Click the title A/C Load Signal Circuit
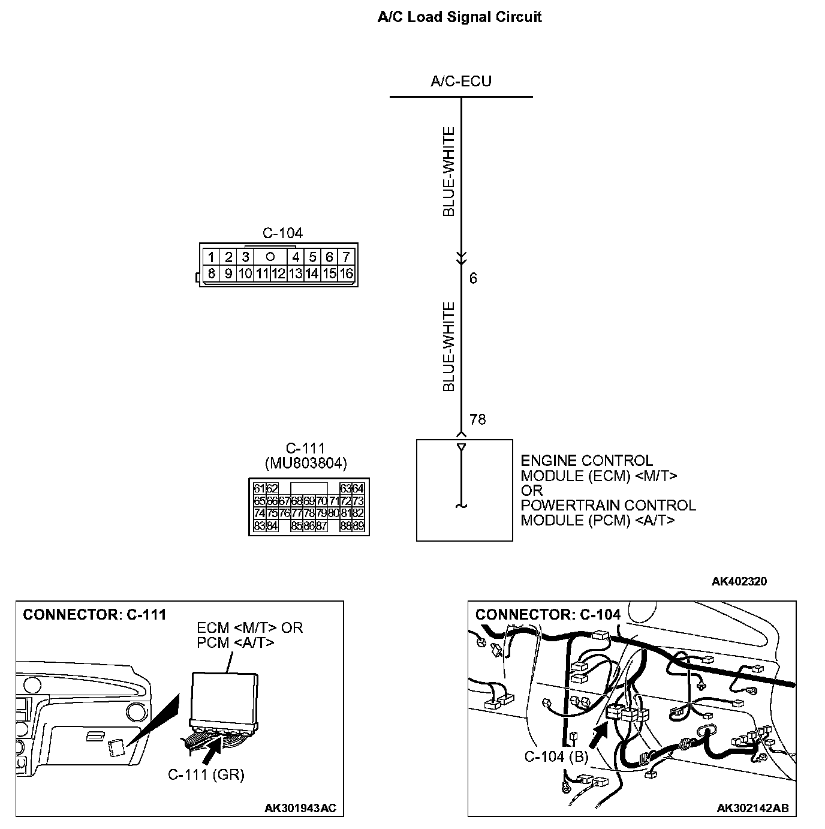(459, 17)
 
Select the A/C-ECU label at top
(460, 82)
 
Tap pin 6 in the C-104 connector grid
(329, 257)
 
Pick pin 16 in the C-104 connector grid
(347, 274)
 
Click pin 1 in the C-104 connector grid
(211, 257)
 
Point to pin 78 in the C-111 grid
(309, 513)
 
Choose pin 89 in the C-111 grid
(358, 526)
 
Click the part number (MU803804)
(306, 463)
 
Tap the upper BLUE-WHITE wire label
(448, 172)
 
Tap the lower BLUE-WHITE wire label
(448, 347)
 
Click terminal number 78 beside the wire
(478, 419)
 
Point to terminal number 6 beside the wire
(473, 278)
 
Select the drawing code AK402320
(739, 581)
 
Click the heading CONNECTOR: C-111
(94, 614)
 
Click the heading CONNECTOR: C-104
(548, 614)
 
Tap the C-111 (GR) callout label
(206, 774)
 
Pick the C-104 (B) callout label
(556, 756)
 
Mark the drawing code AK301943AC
(300, 808)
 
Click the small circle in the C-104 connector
(270, 256)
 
